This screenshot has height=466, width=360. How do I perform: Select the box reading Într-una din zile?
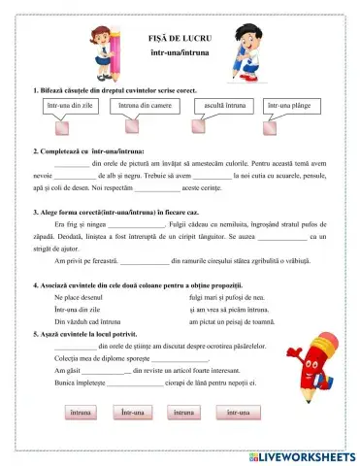(x=69, y=105)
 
